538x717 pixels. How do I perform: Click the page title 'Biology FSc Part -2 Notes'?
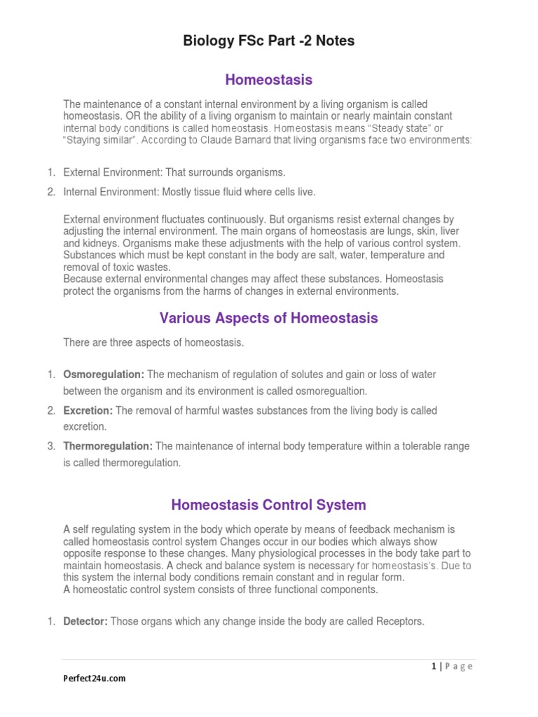coord(269,41)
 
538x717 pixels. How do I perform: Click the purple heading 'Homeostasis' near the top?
coord(269,79)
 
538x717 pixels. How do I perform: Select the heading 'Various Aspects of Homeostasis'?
coord(269,318)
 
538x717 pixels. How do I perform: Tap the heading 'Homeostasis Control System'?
coord(269,505)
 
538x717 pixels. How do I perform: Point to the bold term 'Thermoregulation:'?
coord(108,447)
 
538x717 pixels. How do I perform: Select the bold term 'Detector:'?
coord(85,622)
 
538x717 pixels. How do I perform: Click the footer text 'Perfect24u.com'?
coord(94,678)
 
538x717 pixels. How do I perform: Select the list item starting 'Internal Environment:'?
coord(189,192)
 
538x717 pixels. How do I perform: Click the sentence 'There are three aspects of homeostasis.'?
coord(153,342)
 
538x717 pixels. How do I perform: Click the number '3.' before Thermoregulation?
coord(51,447)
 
